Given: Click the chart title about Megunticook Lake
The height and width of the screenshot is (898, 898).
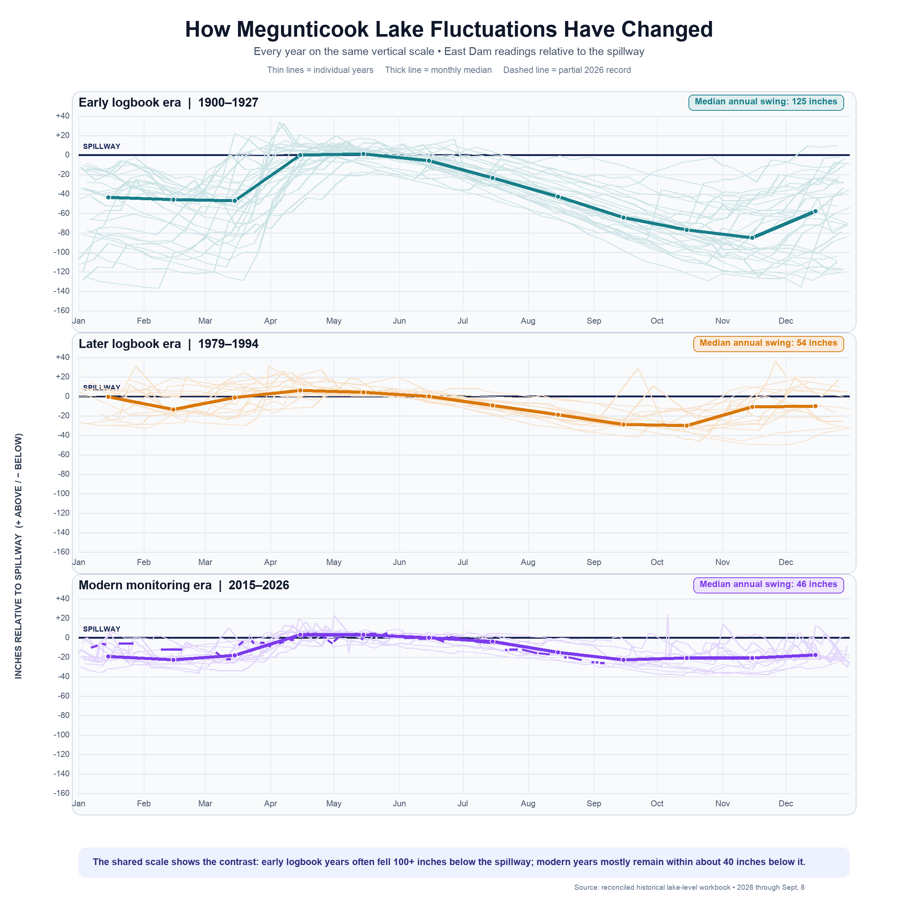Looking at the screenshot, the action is (449, 29).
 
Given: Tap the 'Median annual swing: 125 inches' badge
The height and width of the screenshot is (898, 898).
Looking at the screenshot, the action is (766, 102).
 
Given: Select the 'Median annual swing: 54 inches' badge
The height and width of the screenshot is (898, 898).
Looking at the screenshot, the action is (768, 343).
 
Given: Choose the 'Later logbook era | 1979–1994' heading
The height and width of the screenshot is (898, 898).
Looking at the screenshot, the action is (168, 344).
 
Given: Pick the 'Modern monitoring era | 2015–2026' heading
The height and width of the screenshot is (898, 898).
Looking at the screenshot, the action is (184, 585).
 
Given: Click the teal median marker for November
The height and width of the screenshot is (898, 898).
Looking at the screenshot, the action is (752, 238).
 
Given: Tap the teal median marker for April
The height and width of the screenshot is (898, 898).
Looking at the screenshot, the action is (300, 155).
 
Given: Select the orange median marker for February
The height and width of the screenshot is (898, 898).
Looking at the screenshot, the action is (173, 409).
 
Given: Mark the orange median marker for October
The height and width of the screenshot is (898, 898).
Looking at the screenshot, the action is (687, 425).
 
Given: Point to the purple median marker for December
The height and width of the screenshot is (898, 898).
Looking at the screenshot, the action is (815, 655).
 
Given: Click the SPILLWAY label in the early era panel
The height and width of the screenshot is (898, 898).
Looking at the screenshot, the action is (101, 146).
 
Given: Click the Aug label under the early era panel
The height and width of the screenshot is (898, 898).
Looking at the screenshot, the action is (528, 321).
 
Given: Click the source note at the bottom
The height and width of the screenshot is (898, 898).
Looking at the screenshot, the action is (689, 887).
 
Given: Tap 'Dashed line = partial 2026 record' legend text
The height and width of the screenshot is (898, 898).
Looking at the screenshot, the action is (567, 70).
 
